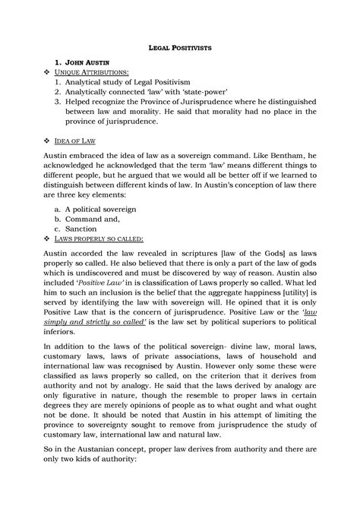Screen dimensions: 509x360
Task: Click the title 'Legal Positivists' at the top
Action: point(180,47)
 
